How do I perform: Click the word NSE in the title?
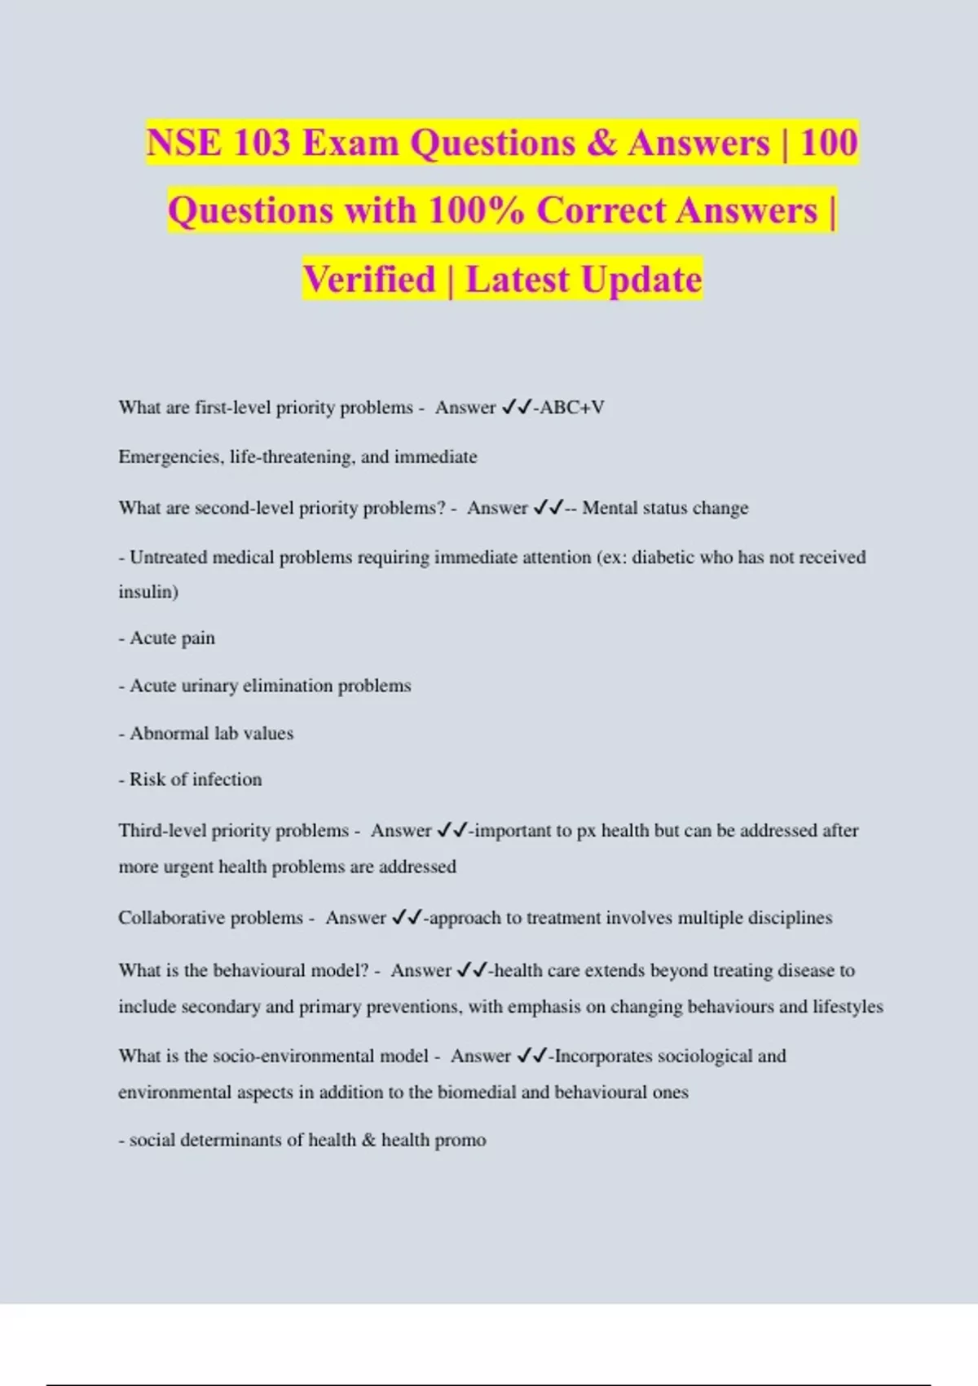[x=184, y=143]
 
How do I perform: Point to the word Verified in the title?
[x=369, y=279]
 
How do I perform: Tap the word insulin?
[x=148, y=592]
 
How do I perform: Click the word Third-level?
[x=162, y=830]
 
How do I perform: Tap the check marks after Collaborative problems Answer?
[x=406, y=917]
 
